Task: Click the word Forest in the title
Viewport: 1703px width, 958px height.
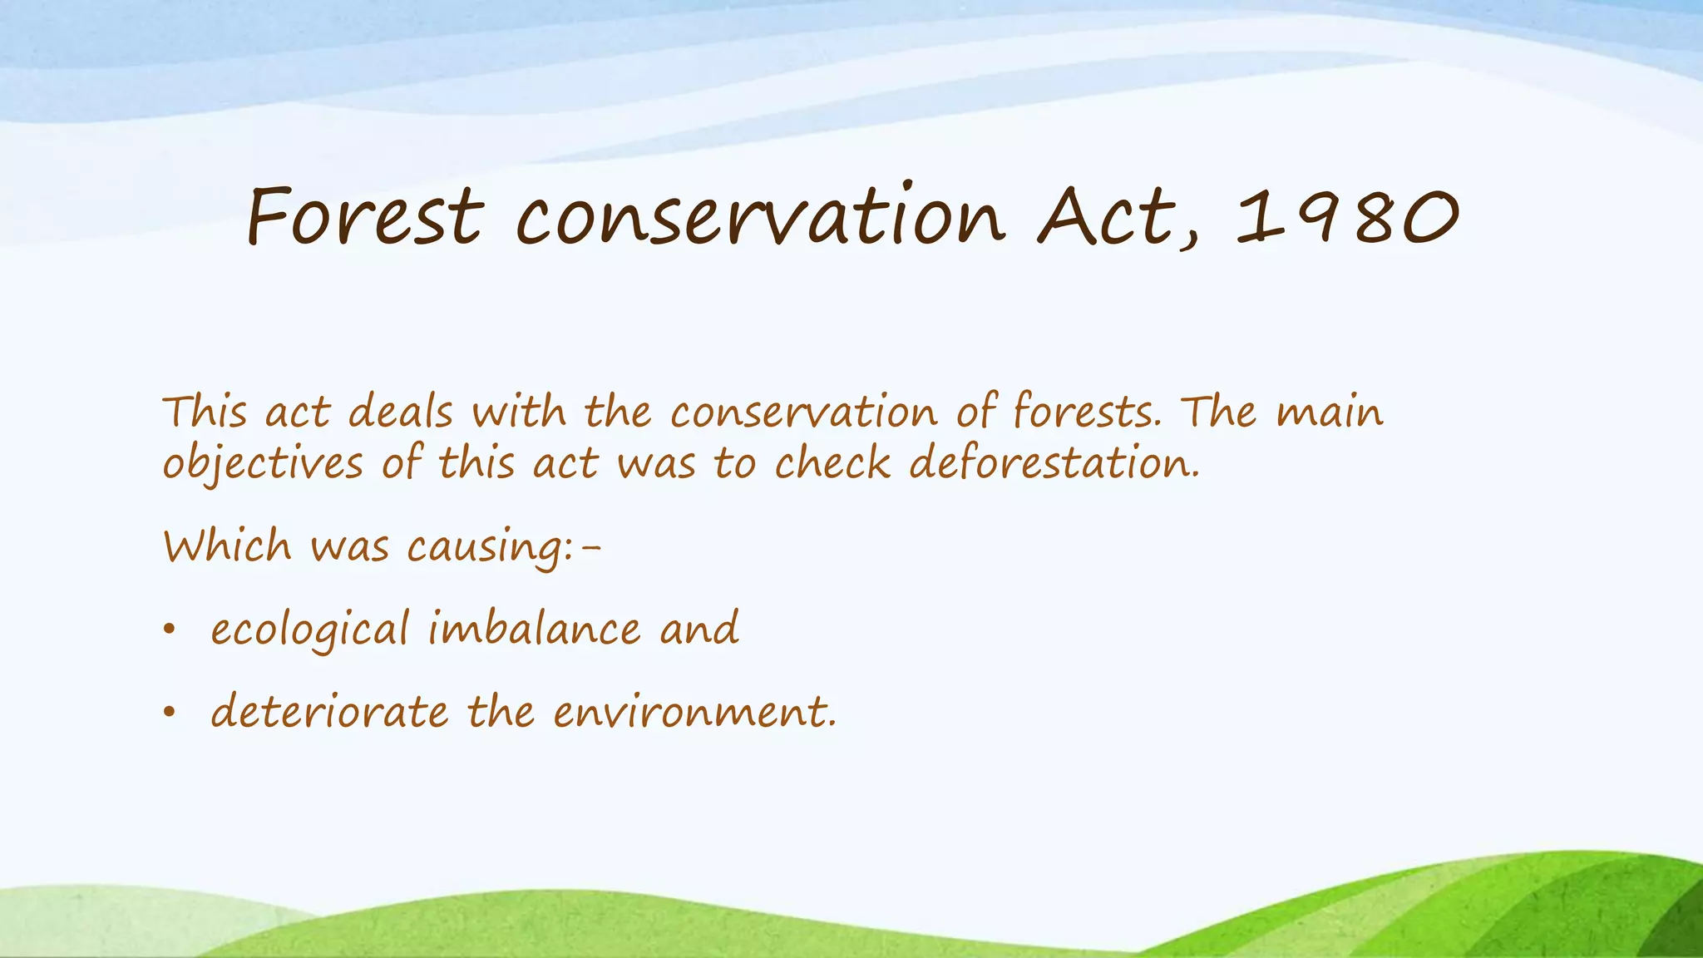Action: (364, 218)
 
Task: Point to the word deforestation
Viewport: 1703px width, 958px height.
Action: (1054, 462)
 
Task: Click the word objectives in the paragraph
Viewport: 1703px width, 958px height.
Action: (263, 464)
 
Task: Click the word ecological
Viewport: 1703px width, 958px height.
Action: (310, 630)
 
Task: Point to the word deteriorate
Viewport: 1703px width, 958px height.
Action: (329, 712)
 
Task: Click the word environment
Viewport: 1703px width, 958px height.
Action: (694, 712)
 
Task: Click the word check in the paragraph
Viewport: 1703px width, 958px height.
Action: (832, 462)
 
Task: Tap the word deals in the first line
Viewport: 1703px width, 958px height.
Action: (401, 412)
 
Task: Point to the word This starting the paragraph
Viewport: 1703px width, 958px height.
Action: (205, 412)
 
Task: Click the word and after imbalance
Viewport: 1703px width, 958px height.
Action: (699, 629)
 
